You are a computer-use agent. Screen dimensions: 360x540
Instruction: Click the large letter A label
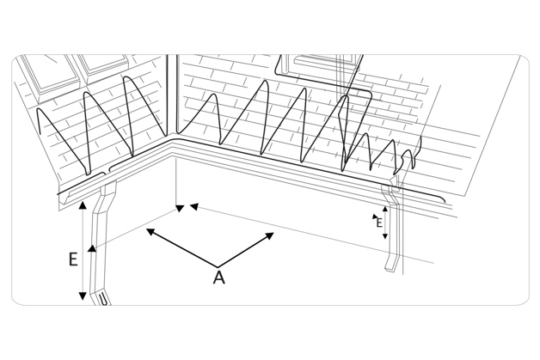point(218,277)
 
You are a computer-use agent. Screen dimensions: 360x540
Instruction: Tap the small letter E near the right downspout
point(378,222)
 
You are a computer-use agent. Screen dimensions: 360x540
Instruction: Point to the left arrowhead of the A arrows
point(150,230)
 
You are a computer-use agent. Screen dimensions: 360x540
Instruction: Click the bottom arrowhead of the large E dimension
point(83,296)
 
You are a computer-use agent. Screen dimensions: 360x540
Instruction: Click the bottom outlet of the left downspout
point(102,300)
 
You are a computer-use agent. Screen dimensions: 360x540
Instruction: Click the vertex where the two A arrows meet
point(217,264)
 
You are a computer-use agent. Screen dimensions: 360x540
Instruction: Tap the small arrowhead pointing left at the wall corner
point(193,205)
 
